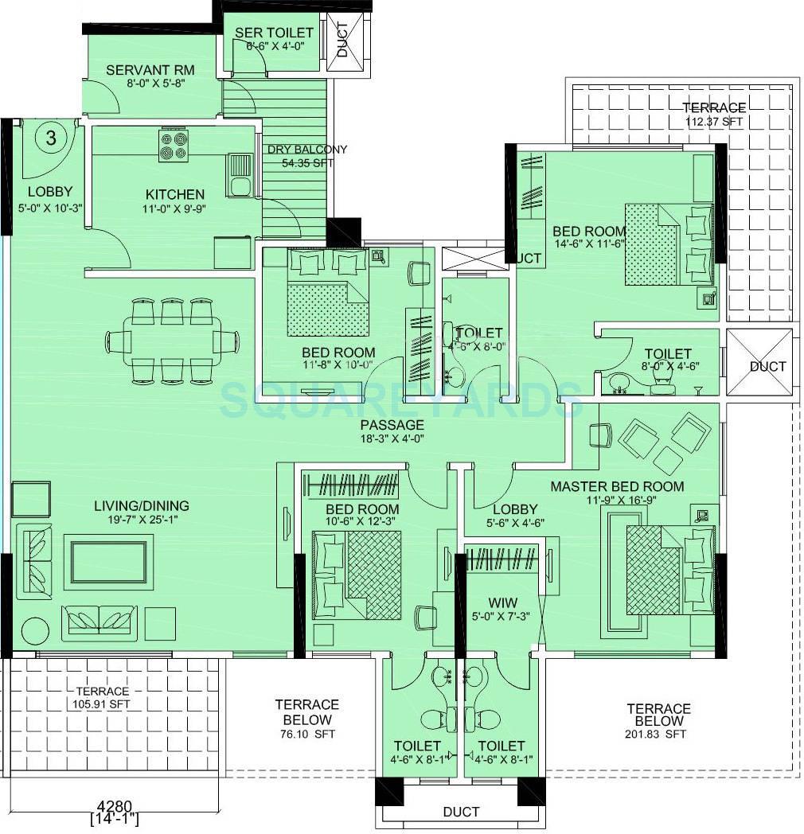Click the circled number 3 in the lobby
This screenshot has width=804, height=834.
click(51, 138)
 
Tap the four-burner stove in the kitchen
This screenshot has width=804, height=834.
click(174, 146)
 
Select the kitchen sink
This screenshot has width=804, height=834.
click(239, 176)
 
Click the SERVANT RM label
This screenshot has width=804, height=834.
click(150, 70)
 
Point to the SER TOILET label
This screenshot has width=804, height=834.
click(274, 33)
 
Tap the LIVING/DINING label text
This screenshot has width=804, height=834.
click(142, 505)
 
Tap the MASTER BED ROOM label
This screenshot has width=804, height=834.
click(617, 486)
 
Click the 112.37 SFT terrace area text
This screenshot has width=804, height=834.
click(714, 122)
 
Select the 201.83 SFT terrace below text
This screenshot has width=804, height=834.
click(658, 734)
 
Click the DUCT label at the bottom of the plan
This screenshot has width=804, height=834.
click(461, 812)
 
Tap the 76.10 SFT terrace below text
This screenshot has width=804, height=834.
click(306, 733)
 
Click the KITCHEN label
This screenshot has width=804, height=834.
click(174, 194)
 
